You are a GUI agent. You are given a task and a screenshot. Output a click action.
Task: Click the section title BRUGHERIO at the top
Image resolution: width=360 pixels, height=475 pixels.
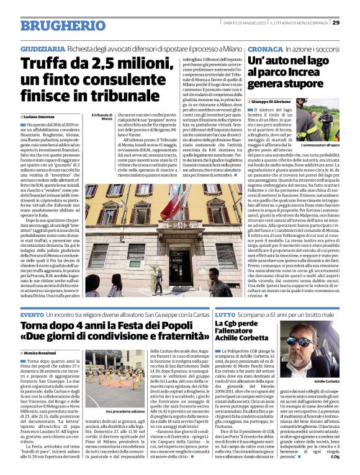coord(56,25)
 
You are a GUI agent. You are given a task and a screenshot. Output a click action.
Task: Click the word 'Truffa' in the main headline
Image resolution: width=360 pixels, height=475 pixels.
coord(45,63)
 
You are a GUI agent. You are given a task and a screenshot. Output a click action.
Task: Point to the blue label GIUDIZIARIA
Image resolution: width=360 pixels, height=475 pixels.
coord(42,48)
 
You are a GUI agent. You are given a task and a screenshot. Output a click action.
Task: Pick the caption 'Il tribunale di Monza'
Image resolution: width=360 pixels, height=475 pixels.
coord(101,116)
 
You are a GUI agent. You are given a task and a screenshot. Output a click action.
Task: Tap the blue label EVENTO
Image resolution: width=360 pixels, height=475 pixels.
coord(32,315)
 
